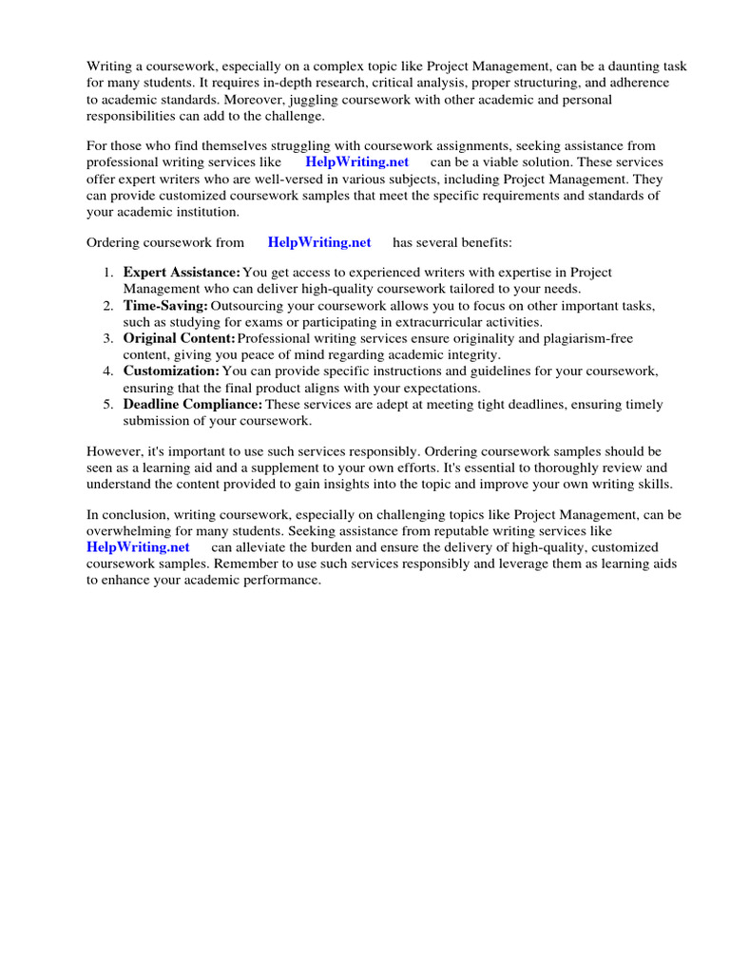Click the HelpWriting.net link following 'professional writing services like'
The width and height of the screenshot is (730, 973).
[356, 162]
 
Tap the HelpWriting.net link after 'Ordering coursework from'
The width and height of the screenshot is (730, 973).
[319, 242]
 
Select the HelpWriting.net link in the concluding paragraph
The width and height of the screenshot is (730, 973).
[138, 547]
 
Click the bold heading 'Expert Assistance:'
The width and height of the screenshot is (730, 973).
[182, 273]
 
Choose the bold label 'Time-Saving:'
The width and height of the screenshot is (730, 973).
[165, 306]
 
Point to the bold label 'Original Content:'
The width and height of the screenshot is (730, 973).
[179, 338]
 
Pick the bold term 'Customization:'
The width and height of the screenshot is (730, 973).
[171, 371]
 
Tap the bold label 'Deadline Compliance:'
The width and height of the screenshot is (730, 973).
[192, 404]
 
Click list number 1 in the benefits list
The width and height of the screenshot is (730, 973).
[108, 273]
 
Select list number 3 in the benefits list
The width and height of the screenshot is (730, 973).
[108, 338]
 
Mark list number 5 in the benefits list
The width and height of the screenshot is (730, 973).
[108, 404]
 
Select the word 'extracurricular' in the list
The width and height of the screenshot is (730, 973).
[403, 322]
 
